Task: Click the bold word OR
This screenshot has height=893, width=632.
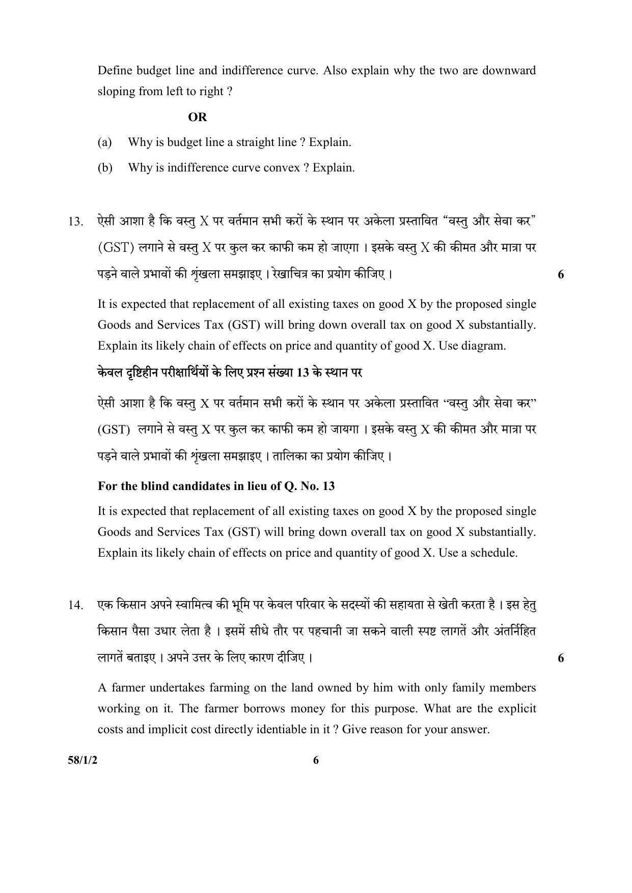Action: click(x=198, y=117)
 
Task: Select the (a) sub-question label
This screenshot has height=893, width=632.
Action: click(x=104, y=142)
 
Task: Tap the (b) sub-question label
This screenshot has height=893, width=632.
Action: click(x=104, y=167)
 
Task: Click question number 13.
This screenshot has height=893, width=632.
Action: click(x=75, y=222)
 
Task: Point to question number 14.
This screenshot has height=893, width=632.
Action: click(x=75, y=606)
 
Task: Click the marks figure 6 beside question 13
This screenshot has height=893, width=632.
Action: click(x=561, y=275)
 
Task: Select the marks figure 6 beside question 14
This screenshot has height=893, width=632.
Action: click(x=561, y=658)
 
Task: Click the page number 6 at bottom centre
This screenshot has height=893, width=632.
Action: click(x=316, y=760)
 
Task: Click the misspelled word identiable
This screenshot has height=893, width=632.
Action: click(x=278, y=729)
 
